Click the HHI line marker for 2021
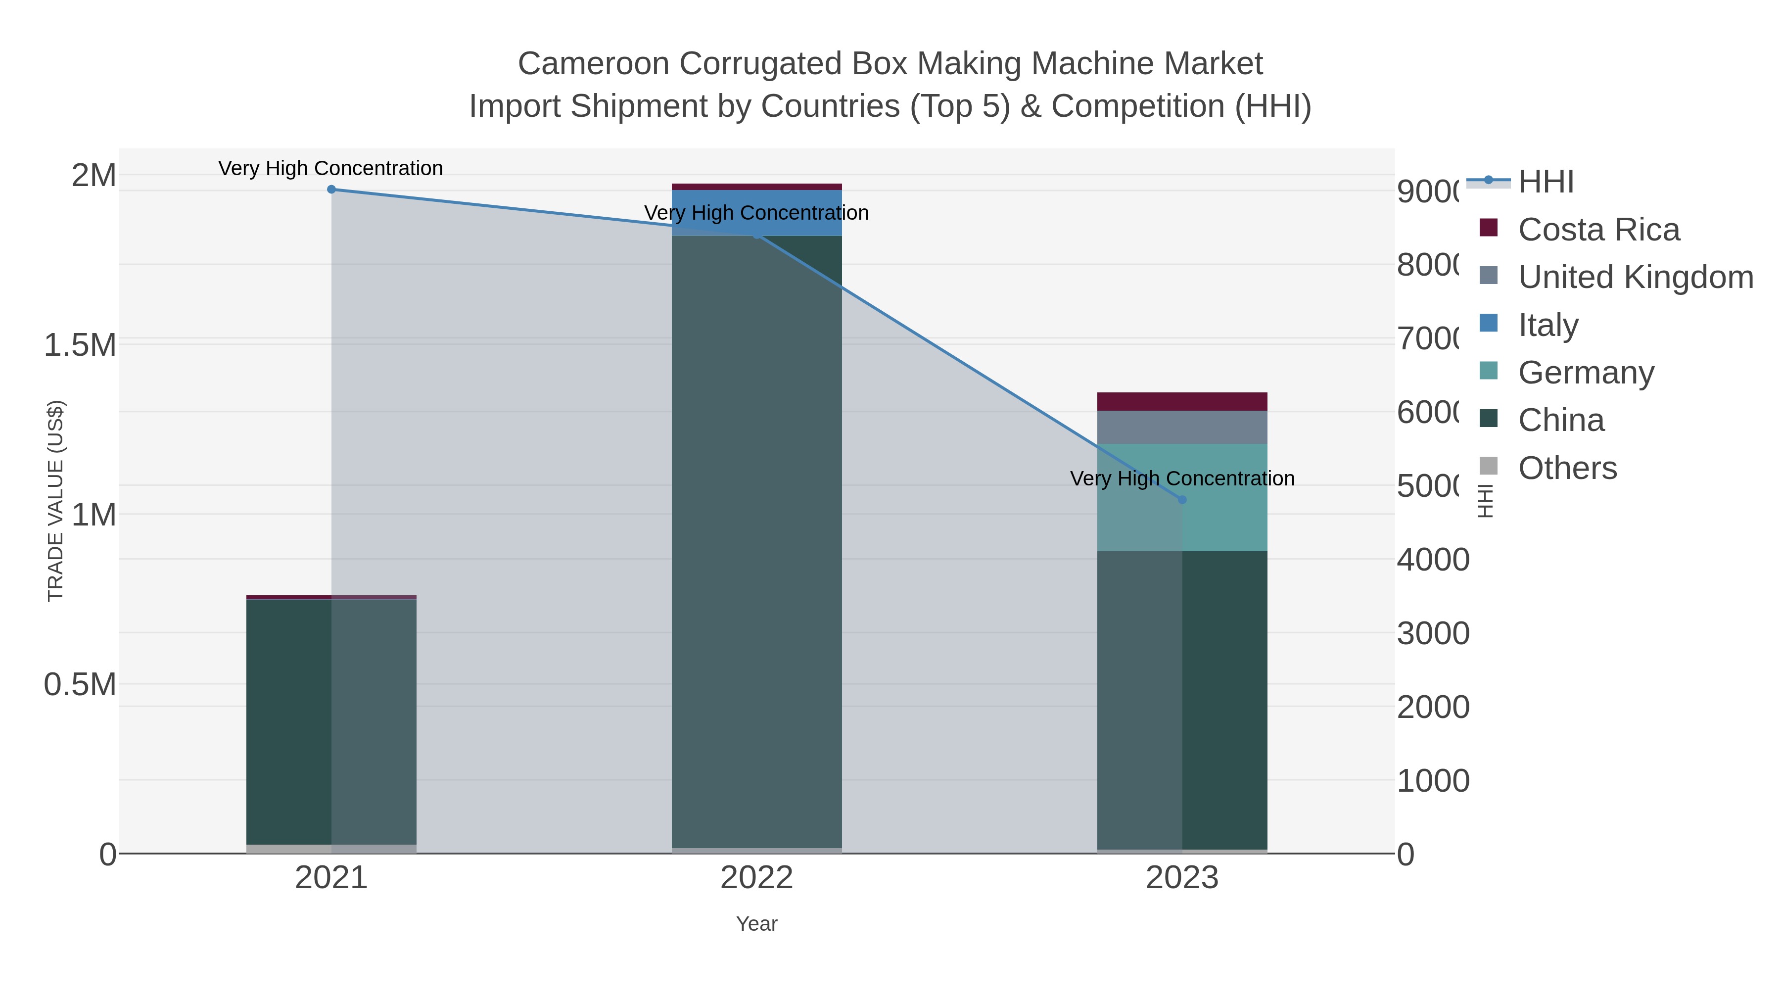click(331, 190)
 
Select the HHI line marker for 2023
click(1182, 499)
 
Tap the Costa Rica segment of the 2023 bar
click(1182, 402)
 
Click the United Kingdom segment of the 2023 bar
click(1182, 428)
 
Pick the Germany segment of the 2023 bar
click(1224, 497)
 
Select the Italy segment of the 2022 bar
click(757, 207)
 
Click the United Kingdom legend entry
click(1635, 277)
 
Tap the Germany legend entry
click(1586, 373)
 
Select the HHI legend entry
click(1546, 182)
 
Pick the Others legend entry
click(1567, 468)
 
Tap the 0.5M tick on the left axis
click(80, 685)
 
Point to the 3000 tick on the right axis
click(1433, 633)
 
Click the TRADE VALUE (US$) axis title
click(55, 501)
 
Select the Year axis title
click(756, 924)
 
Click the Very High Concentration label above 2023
click(1182, 478)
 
